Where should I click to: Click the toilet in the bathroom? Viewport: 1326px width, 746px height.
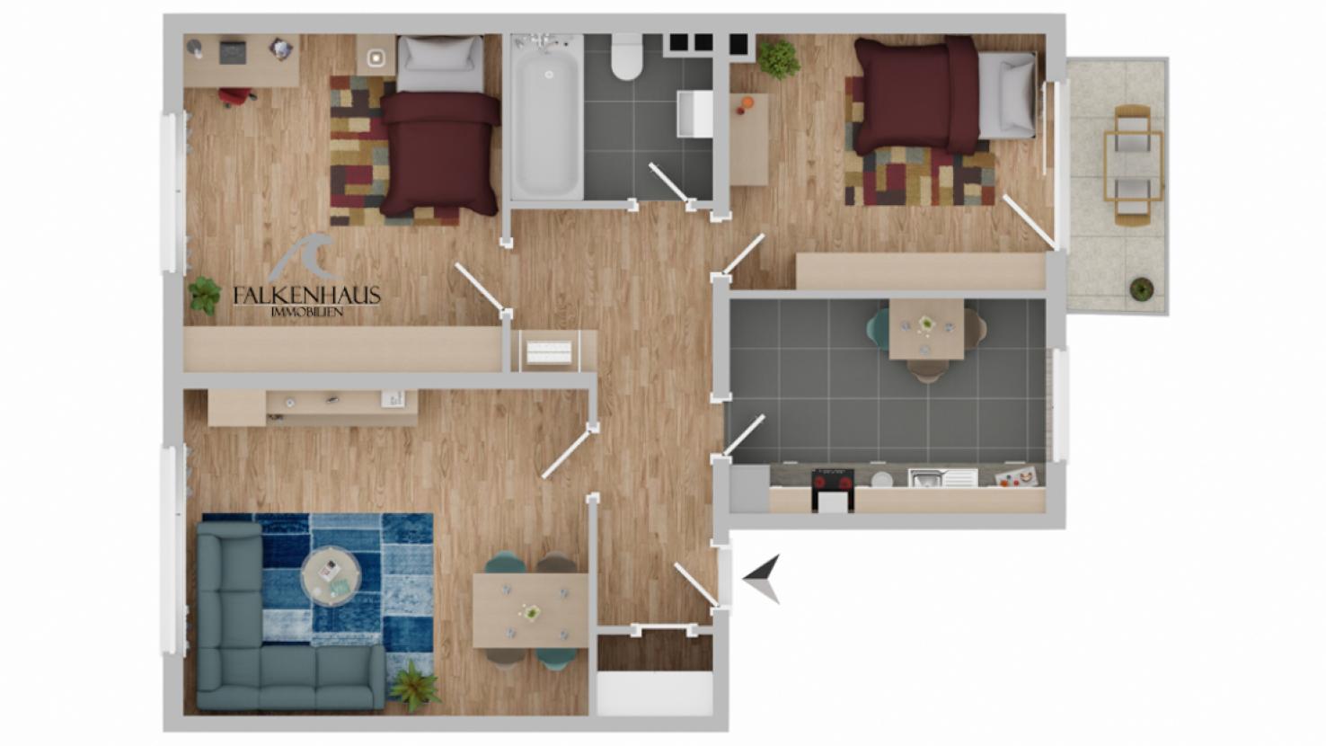click(626, 57)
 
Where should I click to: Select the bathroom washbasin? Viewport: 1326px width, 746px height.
click(694, 113)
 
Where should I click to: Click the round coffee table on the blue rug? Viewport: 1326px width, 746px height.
click(331, 574)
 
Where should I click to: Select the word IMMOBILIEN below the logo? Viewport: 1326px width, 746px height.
click(306, 312)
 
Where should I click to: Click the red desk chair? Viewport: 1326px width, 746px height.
click(237, 96)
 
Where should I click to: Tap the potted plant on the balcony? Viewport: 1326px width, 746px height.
click(1141, 289)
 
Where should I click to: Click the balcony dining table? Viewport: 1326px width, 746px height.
click(1133, 165)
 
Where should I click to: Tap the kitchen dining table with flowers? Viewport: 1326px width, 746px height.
click(926, 329)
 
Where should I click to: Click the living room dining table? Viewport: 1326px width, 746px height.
click(530, 611)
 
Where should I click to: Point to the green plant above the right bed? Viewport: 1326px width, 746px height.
click(779, 59)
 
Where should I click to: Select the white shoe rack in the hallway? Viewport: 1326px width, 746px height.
click(549, 352)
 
